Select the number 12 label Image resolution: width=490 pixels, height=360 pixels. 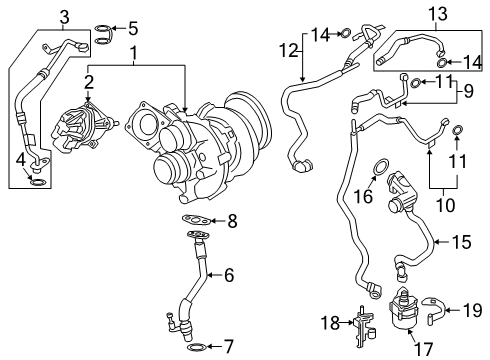coord(288,49)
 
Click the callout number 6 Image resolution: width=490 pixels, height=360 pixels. coord(229,274)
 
